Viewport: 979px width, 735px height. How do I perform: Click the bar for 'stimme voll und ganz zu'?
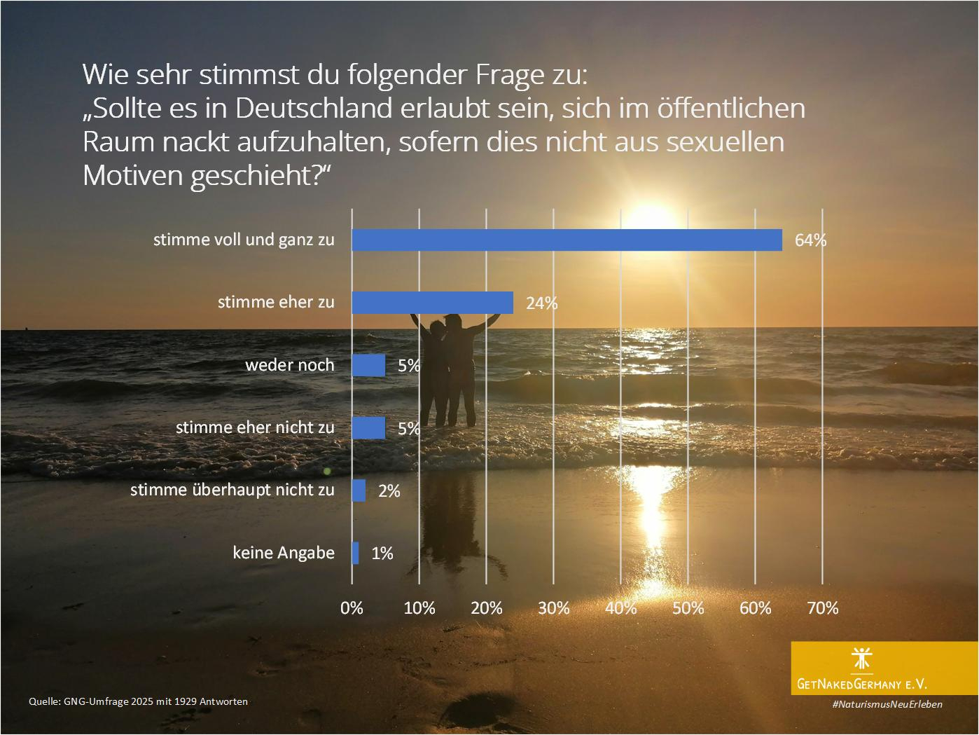(x=566, y=240)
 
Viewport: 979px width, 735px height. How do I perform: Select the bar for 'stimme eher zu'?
(x=432, y=303)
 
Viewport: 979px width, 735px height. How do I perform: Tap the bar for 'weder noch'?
(x=368, y=365)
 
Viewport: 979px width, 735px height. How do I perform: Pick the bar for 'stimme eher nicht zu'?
(x=368, y=427)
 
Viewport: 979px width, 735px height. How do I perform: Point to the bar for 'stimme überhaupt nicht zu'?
(x=359, y=490)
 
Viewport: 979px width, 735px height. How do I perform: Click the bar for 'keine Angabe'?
(x=356, y=553)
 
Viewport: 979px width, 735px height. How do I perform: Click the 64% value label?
(x=810, y=240)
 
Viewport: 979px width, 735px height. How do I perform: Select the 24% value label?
(x=541, y=303)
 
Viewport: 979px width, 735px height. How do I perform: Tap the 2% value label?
(x=389, y=491)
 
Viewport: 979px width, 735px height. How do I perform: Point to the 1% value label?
(x=382, y=554)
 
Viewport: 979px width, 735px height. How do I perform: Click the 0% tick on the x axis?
(x=352, y=607)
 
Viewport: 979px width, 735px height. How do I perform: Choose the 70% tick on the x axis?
(x=822, y=607)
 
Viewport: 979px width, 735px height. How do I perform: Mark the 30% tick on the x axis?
(x=553, y=607)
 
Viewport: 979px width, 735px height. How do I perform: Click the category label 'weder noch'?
(x=289, y=365)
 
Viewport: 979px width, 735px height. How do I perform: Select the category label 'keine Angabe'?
(x=284, y=553)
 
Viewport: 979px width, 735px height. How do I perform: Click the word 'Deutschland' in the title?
(x=312, y=109)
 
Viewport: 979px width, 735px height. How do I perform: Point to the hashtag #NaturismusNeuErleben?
(x=887, y=704)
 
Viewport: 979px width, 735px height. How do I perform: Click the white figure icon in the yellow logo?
(x=861, y=659)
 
